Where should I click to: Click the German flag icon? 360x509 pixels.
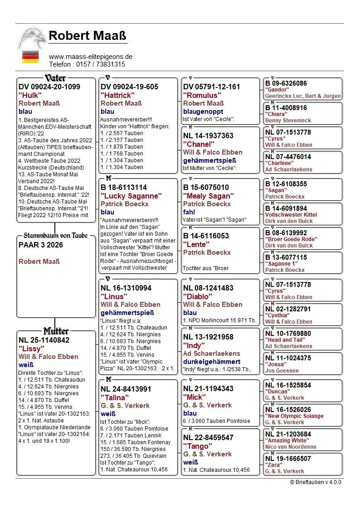click(30, 57)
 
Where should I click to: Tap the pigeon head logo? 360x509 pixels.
click(32, 39)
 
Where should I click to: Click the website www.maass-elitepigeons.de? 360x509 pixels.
click(91, 57)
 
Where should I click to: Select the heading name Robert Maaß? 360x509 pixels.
click(88, 36)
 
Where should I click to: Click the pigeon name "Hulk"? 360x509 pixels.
click(28, 95)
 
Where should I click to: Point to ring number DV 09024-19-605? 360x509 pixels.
click(130, 87)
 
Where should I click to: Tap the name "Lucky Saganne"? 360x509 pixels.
click(131, 196)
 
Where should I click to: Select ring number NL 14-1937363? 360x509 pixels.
click(208, 136)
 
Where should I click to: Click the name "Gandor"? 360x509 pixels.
click(277, 90)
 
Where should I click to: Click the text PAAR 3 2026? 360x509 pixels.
click(41, 245)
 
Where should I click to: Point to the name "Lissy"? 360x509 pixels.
click(31, 349)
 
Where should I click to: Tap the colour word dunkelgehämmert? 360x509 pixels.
click(212, 362)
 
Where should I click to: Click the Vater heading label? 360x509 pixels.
click(56, 78)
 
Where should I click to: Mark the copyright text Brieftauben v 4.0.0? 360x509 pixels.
click(316, 482)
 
